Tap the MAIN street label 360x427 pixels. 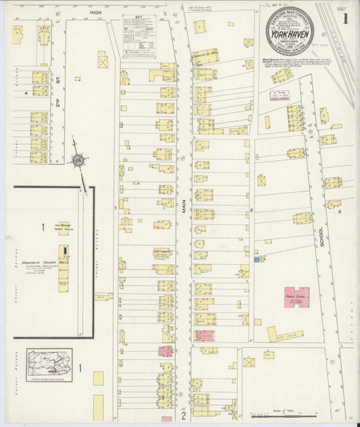[x=183, y=206]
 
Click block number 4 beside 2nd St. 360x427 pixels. [x=26, y=93]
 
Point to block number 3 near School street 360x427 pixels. [x=339, y=212]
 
